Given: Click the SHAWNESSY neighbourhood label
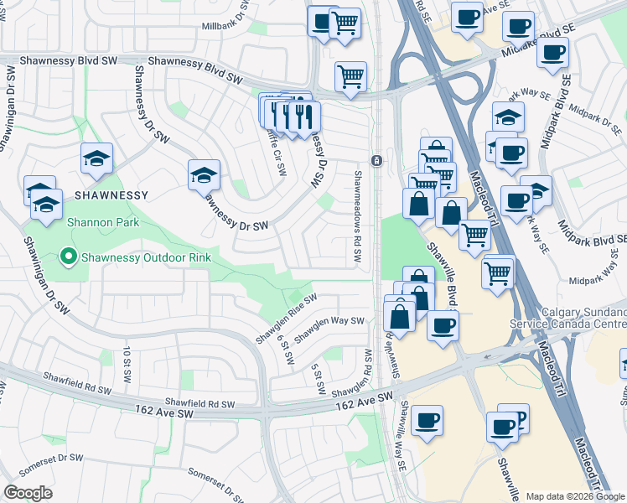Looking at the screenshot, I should (111, 194).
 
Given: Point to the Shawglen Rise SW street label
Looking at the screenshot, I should (286, 318).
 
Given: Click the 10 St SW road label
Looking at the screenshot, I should (127, 360).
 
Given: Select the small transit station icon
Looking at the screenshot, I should (377, 160).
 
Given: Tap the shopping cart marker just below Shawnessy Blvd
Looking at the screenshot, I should (350, 77).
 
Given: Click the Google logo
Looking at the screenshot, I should (27, 493).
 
